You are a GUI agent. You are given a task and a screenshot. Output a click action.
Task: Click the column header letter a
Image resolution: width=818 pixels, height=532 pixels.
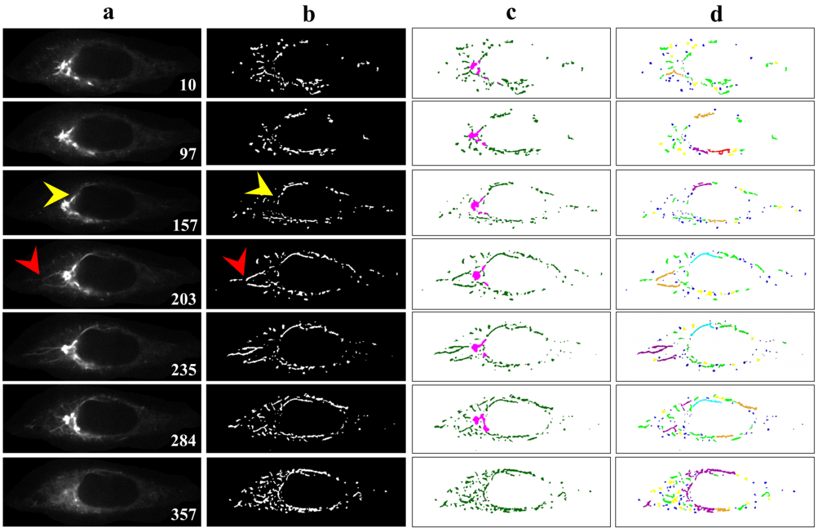point(108,13)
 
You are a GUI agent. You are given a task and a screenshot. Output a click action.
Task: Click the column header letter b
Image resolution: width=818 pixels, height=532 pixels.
point(309,13)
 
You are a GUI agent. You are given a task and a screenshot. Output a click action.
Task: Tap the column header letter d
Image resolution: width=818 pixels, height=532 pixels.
point(715,13)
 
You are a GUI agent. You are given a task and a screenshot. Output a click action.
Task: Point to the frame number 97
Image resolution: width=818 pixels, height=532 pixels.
point(187,154)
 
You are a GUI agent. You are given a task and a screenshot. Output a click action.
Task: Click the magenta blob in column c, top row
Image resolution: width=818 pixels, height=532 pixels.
point(473,66)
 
